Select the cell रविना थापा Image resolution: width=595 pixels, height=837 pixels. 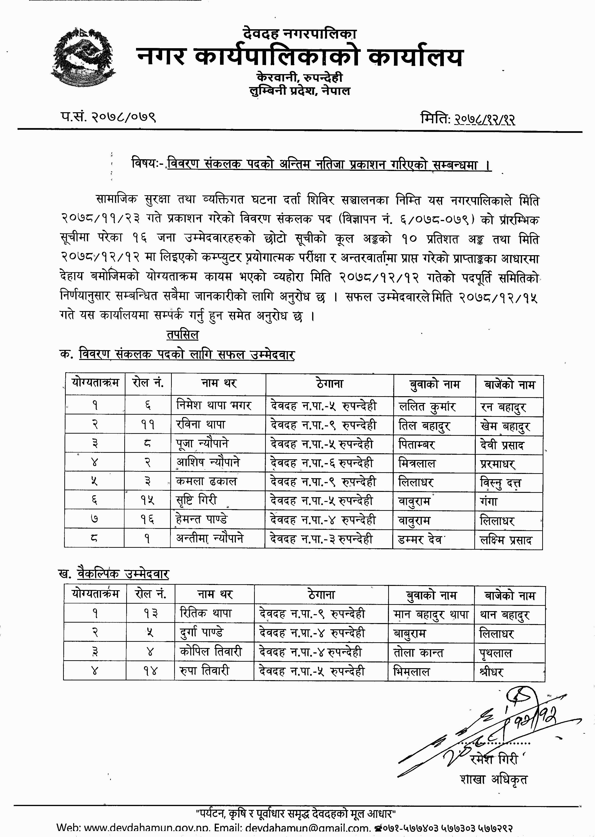[x=201, y=424]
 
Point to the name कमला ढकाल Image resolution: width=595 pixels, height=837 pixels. [x=206, y=481]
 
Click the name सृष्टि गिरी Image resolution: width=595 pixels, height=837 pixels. [x=196, y=500]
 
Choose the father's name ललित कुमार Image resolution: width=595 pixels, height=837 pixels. [x=427, y=407]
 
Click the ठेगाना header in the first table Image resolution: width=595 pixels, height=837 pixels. [x=329, y=384]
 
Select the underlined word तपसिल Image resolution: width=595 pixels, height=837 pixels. [x=182, y=335]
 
